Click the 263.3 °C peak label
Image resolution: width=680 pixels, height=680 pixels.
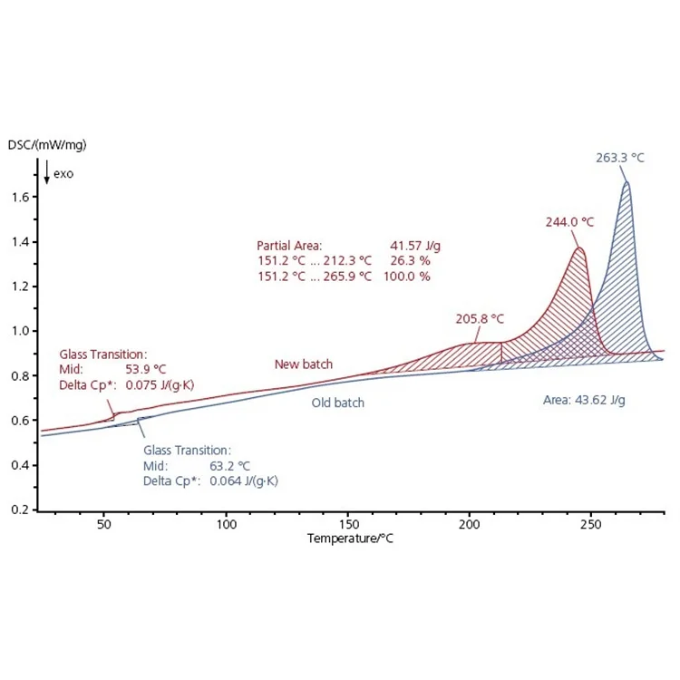620,157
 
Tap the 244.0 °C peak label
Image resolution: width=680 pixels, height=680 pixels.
569,221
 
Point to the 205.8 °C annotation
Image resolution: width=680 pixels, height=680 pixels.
480,318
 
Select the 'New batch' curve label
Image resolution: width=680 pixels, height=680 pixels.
303,364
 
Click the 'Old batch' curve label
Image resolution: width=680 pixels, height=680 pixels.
336,402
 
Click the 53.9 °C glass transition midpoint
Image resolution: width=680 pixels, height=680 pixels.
145,370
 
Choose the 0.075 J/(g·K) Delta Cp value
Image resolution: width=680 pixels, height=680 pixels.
160,385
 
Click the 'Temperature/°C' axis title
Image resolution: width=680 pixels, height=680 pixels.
350,538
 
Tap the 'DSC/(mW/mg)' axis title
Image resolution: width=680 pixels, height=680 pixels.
47,144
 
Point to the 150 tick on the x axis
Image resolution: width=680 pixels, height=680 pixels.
347,524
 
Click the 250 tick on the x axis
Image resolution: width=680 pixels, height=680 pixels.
590,524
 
